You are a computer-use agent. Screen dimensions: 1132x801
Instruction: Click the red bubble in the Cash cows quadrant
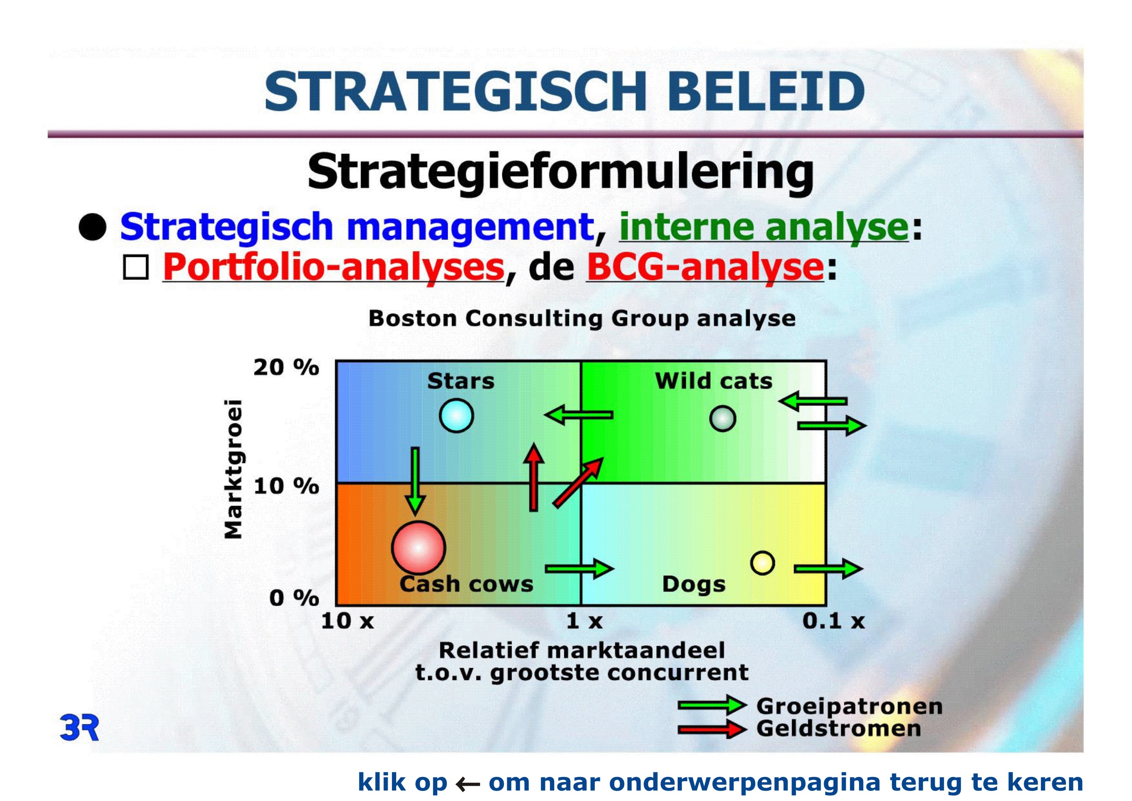click(x=418, y=548)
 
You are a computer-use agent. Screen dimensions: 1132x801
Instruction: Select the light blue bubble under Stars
click(x=457, y=416)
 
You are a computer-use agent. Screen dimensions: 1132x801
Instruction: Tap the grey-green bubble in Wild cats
click(x=723, y=419)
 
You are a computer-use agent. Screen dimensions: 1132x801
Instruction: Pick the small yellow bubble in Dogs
click(x=762, y=563)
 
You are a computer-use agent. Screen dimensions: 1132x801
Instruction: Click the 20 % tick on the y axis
click(x=286, y=367)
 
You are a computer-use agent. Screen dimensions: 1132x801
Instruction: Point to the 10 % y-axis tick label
click(x=286, y=486)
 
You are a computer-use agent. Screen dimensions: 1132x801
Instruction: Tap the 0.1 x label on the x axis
click(x=834, y=620)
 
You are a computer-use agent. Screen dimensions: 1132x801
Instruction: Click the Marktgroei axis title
click(x=233, y=469)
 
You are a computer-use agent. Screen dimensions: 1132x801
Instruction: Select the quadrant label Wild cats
click(x=713, y=381)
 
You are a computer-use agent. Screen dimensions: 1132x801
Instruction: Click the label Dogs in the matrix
click(x=694, y=584)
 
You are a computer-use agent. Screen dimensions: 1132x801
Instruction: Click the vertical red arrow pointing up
click(x=533, y=477)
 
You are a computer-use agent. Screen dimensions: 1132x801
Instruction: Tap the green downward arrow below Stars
click(x=415, y=481)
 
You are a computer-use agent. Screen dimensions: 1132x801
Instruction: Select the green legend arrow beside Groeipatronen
click(x=712, y=705)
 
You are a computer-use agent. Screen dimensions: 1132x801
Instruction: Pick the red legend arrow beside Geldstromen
click(x=712, y=729)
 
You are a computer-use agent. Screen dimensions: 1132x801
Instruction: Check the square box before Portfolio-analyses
click(x=136, y=268)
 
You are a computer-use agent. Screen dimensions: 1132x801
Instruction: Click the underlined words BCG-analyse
click(x=705, y=267)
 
